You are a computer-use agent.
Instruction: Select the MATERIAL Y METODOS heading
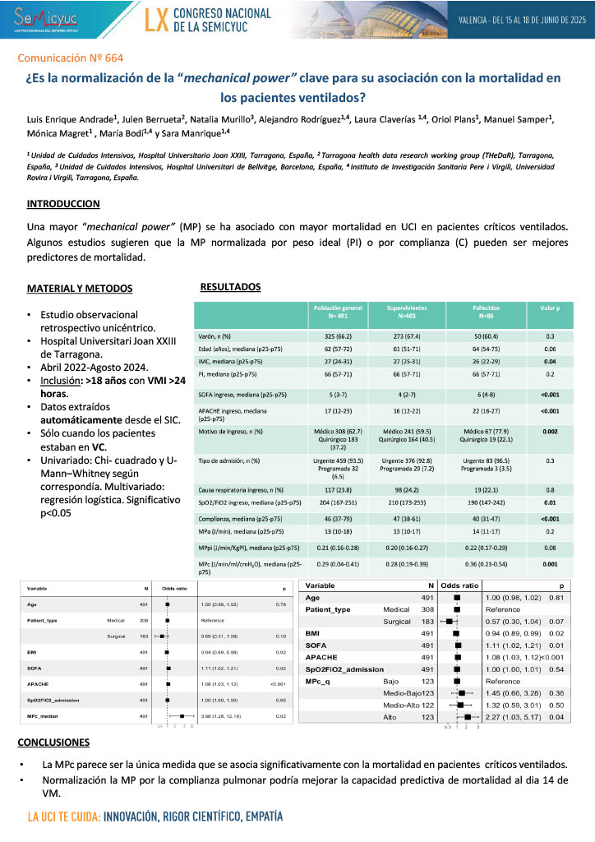point(78,289)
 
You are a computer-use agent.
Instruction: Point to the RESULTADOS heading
point(230,287)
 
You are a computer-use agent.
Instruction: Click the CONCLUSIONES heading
point(53,743)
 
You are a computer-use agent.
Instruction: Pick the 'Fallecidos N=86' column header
point(480,311)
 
